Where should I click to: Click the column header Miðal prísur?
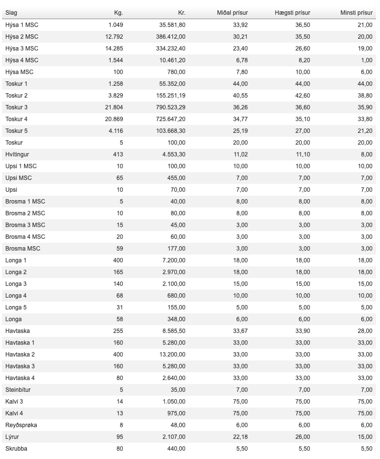[232, 13]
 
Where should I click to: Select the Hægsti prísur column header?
[292, 13]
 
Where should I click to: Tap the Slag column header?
[11, 13]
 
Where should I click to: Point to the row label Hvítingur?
[17, 154]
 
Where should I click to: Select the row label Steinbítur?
[18, 390]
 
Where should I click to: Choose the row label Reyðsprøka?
[21, 425]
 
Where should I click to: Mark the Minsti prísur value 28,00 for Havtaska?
[365, 331]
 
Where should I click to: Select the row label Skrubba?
[16, 449]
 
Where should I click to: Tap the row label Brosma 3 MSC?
[25, 225]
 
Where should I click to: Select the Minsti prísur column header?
[356, 13]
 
